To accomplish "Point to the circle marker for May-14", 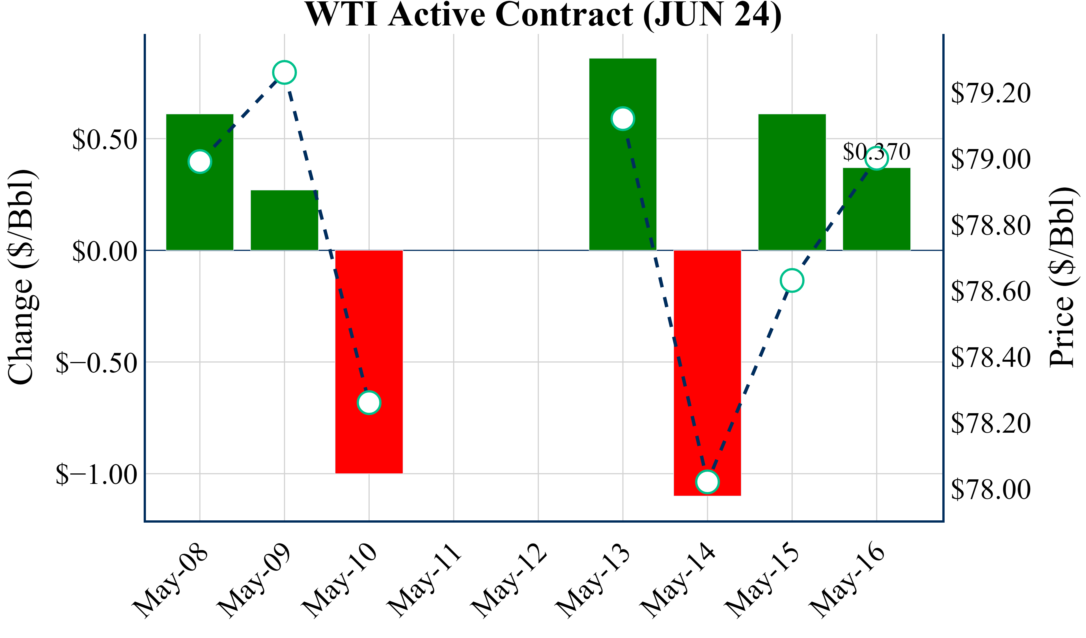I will coord(707,482).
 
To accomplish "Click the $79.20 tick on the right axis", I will coord(991,93).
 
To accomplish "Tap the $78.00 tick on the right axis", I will coord(991,489).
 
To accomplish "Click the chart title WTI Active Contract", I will coord(543,15).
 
